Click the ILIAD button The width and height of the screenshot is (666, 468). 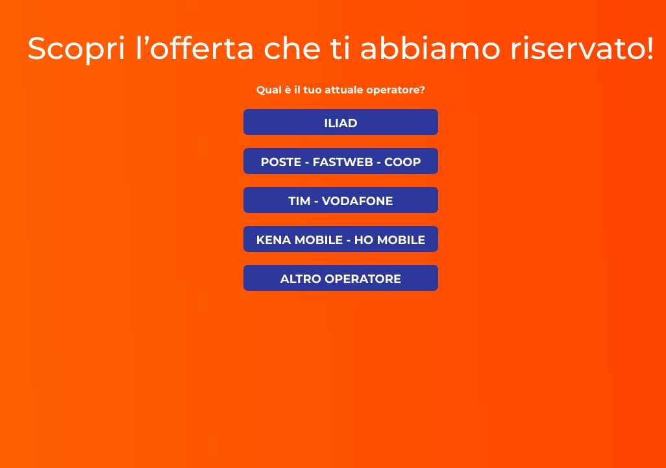pyautogui.click(x=340, y=123)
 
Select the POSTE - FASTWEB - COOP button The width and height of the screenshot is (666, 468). pyautogui.click(x=340, y=162)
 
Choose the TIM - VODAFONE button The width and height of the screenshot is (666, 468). pyautogui.click(x=340, y=201)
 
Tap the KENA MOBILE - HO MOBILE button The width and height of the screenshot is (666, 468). pyautogui.click(x=340, y=240)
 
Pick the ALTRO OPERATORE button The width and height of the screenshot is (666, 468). pyautogui.click(x=340, y=278)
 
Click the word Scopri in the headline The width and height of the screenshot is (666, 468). pyautogui.click(x=76, y=49)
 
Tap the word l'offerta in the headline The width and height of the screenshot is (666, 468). pyautogui.click(x=195, y=49)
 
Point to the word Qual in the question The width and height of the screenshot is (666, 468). pyautogui.click(x=269, y=90)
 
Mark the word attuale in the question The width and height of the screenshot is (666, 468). pyautogui.click(x=342, y=90)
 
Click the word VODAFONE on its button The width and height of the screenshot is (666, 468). pyautogui.click(x=358, y=201)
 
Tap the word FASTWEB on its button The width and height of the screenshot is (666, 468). pyautogui.click(x=343, y=162)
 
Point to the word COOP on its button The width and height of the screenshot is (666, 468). pyautogui.click(x=402, y=162)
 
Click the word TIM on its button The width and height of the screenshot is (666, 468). pyautogui.click(x=299, y=201)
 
